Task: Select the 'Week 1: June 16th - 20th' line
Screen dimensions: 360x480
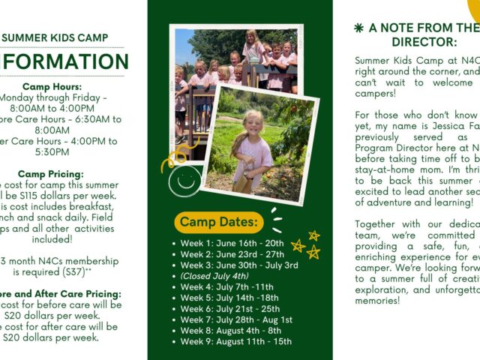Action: pos(232,243)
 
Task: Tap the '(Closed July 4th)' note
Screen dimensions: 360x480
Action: pos(214,276)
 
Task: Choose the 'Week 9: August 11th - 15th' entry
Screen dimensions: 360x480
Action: pos(235,342)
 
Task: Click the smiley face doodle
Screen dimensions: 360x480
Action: pos(184,181)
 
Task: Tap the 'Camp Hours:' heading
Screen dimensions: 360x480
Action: pos(52,87)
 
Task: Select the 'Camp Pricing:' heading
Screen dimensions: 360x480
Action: pos(52,175)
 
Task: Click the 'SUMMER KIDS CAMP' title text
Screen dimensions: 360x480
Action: pos(55,37)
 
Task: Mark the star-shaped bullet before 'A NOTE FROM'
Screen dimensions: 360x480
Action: pos(358,28)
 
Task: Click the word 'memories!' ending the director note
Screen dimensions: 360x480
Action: pos(378,300)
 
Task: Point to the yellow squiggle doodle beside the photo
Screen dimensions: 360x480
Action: pos(178,157)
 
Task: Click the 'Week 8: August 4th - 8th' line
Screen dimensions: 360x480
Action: pos(231,331)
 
